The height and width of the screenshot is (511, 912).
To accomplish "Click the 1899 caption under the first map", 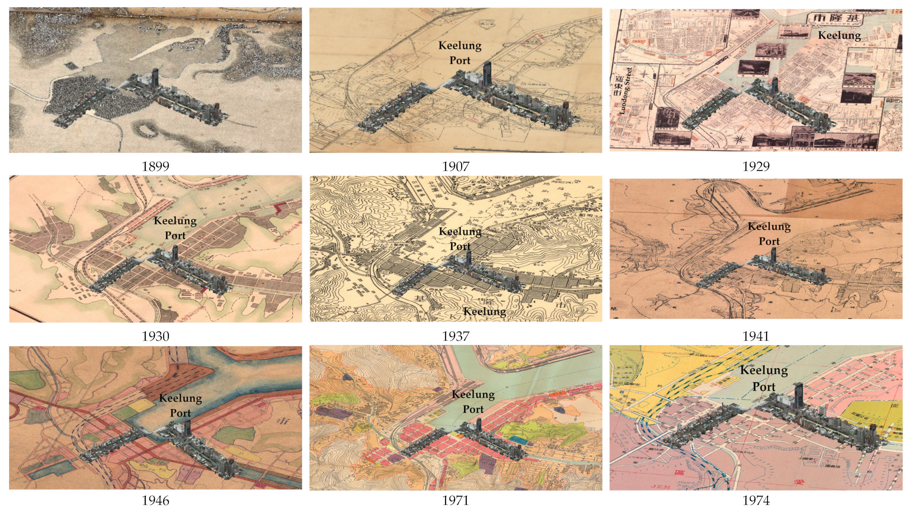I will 156,166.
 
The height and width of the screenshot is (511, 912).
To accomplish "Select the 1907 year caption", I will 456,166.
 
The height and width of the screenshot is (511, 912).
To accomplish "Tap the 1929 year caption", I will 756,166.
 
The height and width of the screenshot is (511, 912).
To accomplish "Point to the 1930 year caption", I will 156,336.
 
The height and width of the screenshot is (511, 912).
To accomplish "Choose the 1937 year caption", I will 456,336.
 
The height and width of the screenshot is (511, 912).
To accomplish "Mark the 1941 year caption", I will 756,336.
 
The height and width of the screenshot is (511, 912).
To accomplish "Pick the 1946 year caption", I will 156,500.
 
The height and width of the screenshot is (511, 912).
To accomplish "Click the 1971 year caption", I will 456,500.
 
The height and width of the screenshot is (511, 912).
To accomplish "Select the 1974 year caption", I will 756,500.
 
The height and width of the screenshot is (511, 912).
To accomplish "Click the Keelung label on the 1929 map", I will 839,36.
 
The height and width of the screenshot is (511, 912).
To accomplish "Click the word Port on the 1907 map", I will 460,61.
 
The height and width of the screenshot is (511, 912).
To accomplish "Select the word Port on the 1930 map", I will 175,235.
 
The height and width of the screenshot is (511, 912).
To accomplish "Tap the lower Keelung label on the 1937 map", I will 484,311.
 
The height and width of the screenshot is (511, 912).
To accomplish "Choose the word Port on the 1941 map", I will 769,241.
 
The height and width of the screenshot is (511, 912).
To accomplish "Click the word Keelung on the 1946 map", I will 181,398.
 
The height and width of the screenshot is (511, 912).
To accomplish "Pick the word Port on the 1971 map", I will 473,409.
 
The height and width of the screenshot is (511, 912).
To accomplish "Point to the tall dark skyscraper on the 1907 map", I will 487,73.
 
